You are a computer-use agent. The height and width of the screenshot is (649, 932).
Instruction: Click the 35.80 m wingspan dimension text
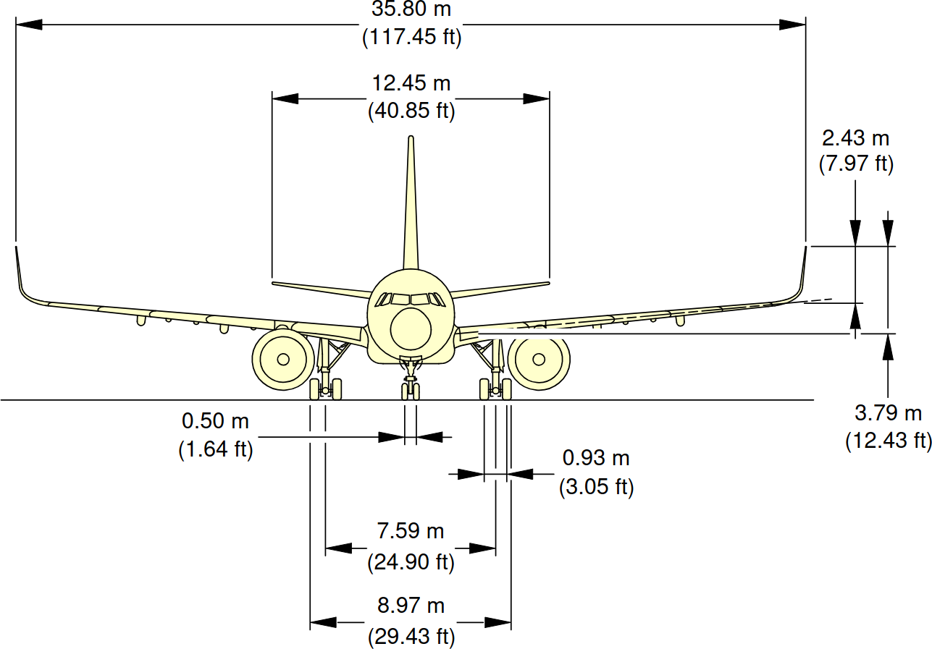[x=411, y=9]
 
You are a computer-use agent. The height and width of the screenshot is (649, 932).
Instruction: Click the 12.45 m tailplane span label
[x=411, y=83]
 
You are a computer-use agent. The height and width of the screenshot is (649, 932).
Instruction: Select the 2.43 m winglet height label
[x=855, y=137]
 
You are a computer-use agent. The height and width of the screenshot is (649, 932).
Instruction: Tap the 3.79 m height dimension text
[x=888, y=414]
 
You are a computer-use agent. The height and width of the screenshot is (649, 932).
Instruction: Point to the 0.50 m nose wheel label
[x=215, y=420]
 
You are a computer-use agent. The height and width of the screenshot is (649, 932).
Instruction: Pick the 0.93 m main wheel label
[x=596, y=458]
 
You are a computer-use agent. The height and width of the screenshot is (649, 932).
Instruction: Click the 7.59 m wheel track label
[x=410, y=531]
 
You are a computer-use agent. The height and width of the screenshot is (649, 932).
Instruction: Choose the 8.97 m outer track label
[x=411, y=605]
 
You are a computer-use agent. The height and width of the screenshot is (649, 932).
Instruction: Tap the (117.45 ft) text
[x=411, y=36]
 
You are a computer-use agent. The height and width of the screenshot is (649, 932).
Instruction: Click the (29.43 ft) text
[x=411, y=637]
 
